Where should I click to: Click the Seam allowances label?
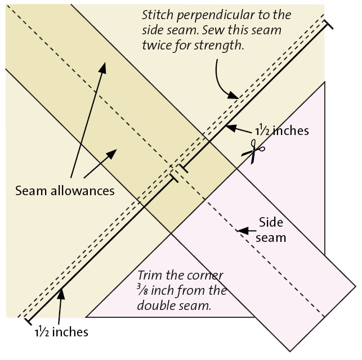(x=65, y=191)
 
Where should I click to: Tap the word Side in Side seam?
(x=269, y=221)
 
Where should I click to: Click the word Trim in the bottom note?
(x=150, y=276)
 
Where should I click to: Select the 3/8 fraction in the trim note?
(x=142, y=291)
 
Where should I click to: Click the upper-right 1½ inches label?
(x=281, y=130)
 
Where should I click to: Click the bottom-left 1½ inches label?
(x=61, y=332)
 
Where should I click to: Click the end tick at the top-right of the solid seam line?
(x=328, y=24)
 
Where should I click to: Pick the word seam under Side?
(x=271, y=237)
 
